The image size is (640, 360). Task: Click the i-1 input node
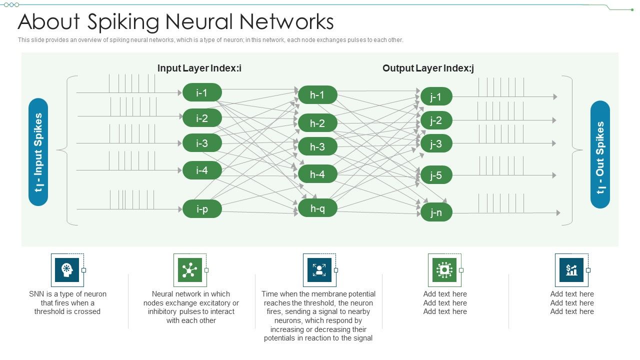(x=202, y=92)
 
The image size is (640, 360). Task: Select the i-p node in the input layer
(x=202, y=209)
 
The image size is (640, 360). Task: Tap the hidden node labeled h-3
(x=317, y=146)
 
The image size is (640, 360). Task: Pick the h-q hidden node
(x=317, y=208)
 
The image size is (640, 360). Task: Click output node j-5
(x=436, y=175)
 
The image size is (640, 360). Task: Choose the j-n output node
(x=436, y=212)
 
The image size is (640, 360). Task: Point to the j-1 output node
(x=436, y=96)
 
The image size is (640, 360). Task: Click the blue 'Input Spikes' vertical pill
(x=38, y=152)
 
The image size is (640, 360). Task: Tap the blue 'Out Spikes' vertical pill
(x=600, y=154)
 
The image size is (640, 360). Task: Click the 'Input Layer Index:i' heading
(x=199, y=68)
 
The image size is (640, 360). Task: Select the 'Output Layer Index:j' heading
(x=428, y=68)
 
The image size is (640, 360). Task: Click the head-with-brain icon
(x=67, y=270)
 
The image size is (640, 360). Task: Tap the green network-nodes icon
(x=189, y=270)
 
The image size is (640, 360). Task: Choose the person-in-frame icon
(x=319, y=270)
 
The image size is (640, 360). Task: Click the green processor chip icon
(x=444, y=270)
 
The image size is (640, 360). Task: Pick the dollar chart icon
(x=571, y=270)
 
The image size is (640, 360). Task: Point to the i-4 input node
(x=202, y=170)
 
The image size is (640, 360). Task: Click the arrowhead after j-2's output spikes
(x=553, y=120)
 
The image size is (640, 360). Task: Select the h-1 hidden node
(x=317, y=95)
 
